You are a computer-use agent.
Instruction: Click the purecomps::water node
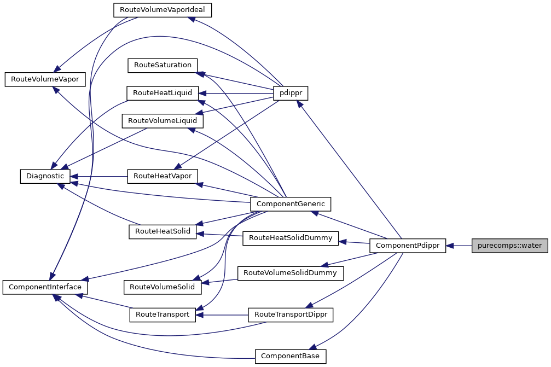(509, 246)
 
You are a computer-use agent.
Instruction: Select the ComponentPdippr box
(408, 246)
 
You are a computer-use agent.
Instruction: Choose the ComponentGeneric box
(291, 204)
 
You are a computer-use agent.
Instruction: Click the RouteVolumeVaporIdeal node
(162, 10)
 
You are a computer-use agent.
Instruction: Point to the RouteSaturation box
(162, 65)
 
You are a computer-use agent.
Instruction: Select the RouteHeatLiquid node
(162, 93)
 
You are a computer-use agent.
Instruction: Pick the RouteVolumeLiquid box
(163, 120)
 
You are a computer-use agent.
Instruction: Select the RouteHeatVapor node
(162, 176)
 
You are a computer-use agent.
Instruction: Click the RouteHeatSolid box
(162, 231)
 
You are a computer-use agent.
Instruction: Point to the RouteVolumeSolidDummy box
(291, 272)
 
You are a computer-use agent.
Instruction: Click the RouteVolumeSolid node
(163, 286)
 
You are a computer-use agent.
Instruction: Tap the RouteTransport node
(162, 314)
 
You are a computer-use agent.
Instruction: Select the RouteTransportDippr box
(291, 314)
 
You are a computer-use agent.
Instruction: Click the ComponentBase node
(291, 356)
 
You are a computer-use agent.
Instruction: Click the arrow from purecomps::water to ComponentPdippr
(460, 246)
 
